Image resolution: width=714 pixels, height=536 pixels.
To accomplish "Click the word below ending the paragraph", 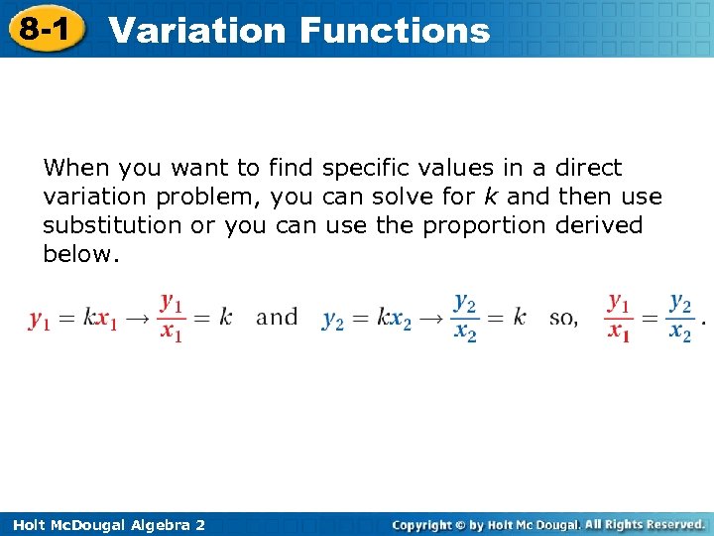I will tap(80, 254).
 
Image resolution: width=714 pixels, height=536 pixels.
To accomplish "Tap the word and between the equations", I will tap(277, 318).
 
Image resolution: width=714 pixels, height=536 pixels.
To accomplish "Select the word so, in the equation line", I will tap(563, 318).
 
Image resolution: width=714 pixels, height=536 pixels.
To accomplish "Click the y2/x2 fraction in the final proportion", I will tap(680, 318).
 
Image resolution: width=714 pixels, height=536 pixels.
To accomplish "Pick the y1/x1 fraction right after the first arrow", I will tap(172, 318).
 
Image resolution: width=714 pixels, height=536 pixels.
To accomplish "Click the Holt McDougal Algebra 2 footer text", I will tap(105, 524).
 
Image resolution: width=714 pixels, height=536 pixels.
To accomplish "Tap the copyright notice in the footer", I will tap(548, 524).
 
